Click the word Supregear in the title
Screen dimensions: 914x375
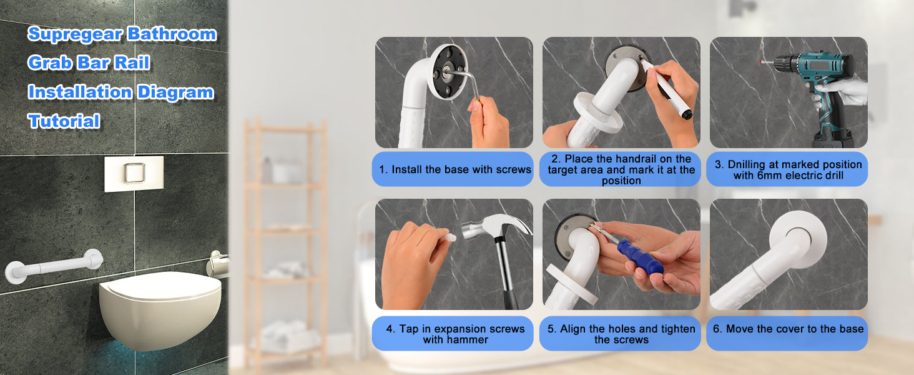click(75, 34)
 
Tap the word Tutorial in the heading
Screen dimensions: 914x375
click(64, 121)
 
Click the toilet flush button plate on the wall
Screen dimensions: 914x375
click(134, 174)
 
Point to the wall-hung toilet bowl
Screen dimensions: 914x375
click(160, 308)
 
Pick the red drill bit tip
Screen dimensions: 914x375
click(762, 62)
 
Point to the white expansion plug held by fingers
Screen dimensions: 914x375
click(448, 235)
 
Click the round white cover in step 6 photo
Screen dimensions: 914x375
click(798, 239)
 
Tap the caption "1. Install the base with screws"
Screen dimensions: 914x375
click(455, 169)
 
